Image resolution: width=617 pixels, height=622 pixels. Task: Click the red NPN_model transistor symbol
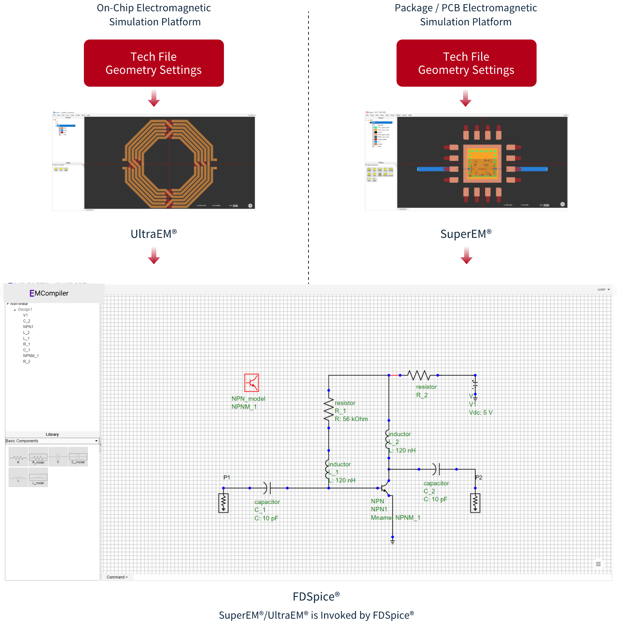coord(252,383)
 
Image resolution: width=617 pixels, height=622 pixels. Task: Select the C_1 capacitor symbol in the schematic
coord(267,488)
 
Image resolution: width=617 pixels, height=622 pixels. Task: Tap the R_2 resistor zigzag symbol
coord(419,375)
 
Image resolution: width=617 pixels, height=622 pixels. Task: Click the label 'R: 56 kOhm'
coord(351,419)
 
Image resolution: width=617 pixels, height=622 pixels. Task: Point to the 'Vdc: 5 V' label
coord(480,413)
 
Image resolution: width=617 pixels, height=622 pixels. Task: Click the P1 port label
coord(227,477)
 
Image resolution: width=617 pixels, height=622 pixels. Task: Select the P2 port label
coord(479,477)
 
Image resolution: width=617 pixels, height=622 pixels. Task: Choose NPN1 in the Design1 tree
coord(28,327)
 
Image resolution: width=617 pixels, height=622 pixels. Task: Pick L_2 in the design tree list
coord(26,332)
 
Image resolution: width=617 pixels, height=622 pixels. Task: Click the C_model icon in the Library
coord(78,457)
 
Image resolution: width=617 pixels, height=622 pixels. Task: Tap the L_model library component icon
coord(38,477)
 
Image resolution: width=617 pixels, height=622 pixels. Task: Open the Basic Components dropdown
coord(52,441)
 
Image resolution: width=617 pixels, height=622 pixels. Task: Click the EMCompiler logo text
coord(49,293)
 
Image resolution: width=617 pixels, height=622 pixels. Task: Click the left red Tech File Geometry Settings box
coord(154,63)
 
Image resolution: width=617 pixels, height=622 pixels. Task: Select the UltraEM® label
coord(154,234)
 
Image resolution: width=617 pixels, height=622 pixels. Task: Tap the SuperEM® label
coord(466,234)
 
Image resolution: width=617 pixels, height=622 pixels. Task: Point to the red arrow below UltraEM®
coord(154,255)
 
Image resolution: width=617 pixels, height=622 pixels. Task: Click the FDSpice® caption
coord(316,596)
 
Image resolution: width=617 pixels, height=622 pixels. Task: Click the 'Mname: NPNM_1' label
coord(396,518)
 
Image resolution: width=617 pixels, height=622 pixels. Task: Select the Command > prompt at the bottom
coord(117,577)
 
